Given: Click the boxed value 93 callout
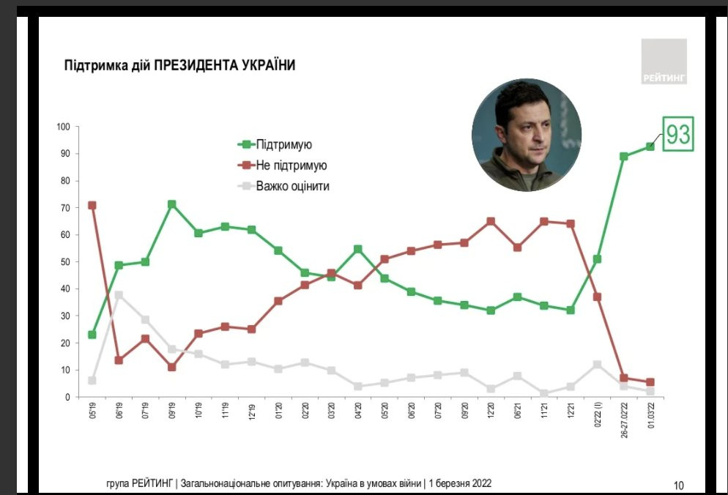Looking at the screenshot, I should point(677,135).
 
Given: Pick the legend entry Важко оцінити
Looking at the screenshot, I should point(292,186).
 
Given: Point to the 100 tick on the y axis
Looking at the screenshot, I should point(62,127).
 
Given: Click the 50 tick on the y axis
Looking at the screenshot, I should point(64,261).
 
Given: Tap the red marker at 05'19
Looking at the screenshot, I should point(92,205).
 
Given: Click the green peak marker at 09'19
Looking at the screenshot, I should point(171,204).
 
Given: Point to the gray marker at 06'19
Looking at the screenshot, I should point(119,295).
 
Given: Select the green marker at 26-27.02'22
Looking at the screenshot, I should point(624,156).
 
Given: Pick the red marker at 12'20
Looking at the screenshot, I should point(491,221).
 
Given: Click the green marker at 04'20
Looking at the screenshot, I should point(358,249).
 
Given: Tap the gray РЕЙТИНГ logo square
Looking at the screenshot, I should point(664,61).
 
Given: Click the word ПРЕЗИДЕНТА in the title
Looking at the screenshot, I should point(196,66).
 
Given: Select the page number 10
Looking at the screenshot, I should point(678,485).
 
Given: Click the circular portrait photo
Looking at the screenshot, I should point(527,135).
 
